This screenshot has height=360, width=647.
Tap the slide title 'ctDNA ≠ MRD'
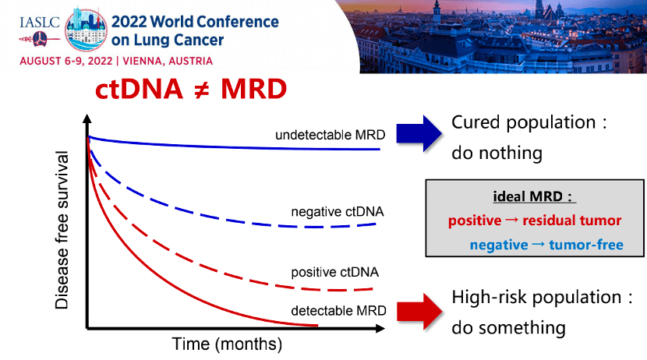191,88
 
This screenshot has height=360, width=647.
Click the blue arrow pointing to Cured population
419,132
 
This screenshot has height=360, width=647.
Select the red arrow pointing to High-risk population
419,309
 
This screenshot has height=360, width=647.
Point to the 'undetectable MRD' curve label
330,135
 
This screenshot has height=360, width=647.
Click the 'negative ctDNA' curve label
338,211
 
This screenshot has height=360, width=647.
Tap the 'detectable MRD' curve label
338,311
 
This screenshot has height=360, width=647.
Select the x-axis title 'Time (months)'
227,343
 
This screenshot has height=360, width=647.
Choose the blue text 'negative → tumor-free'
546,245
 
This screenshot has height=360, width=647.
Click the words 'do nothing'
497,152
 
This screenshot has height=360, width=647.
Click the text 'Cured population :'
529,122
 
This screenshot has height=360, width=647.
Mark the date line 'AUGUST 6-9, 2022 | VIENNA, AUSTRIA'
116,61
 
